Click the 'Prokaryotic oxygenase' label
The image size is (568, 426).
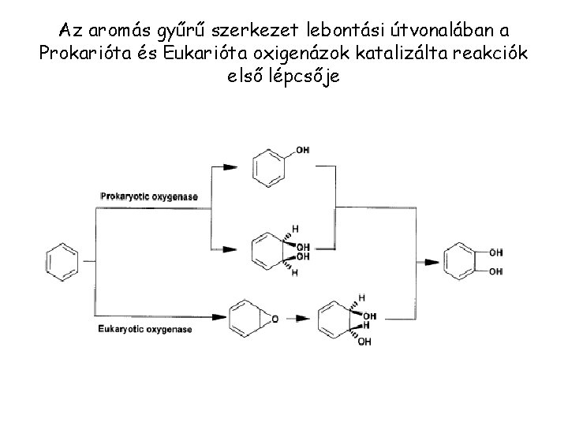(148, 196)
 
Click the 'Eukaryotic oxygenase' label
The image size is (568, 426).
(145, 329)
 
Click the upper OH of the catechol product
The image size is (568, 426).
(495, 252)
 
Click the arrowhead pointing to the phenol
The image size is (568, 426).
(229, 167)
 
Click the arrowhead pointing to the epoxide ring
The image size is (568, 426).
(219, 318)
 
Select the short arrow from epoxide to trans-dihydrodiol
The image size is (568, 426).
(300, 319)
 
